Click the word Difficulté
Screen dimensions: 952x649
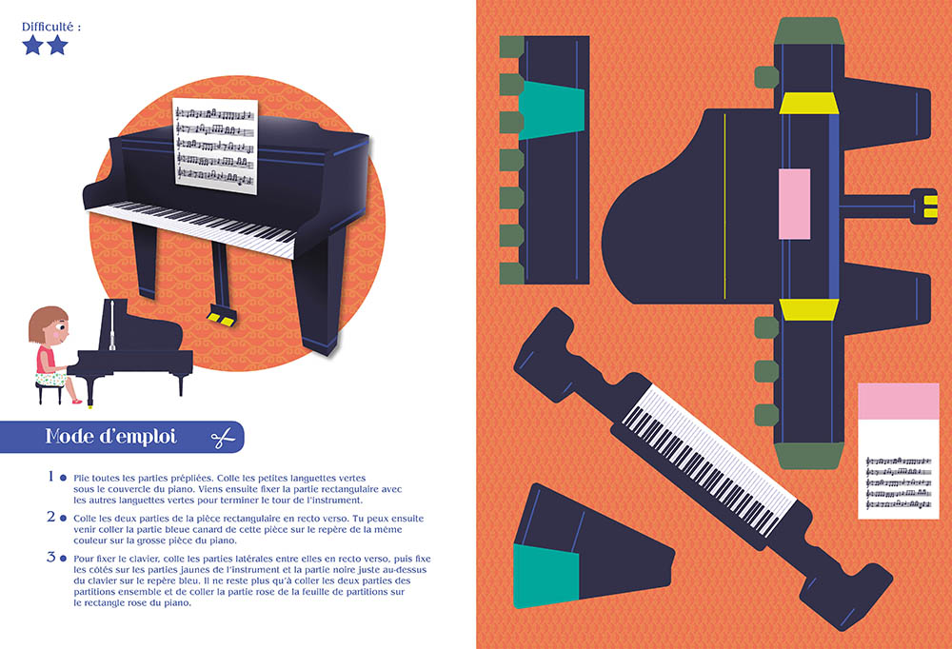[48, 27]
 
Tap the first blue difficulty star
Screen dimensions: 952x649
[32, 45]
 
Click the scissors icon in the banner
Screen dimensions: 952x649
[223, 437]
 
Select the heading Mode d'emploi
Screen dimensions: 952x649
[110, 437]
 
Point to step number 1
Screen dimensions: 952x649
[51, 477]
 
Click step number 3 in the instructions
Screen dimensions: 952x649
[51, 558]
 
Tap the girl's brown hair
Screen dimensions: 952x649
[46, 323]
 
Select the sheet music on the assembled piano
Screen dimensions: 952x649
[215, 146]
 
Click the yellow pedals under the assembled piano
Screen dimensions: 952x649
[221, 318]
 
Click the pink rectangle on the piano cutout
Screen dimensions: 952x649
[794, 204]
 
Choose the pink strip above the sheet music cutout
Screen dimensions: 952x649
[899, 401]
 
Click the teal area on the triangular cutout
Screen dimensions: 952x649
[545, 576]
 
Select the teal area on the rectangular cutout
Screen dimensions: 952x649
[551, 109]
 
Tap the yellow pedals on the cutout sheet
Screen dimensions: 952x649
[930, 206]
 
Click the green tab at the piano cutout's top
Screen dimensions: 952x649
[808, 31]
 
